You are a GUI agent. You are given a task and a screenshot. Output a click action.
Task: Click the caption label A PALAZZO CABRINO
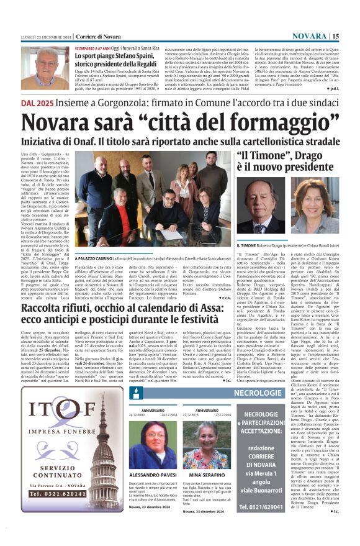pyautogui.click(x=96, y=257)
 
